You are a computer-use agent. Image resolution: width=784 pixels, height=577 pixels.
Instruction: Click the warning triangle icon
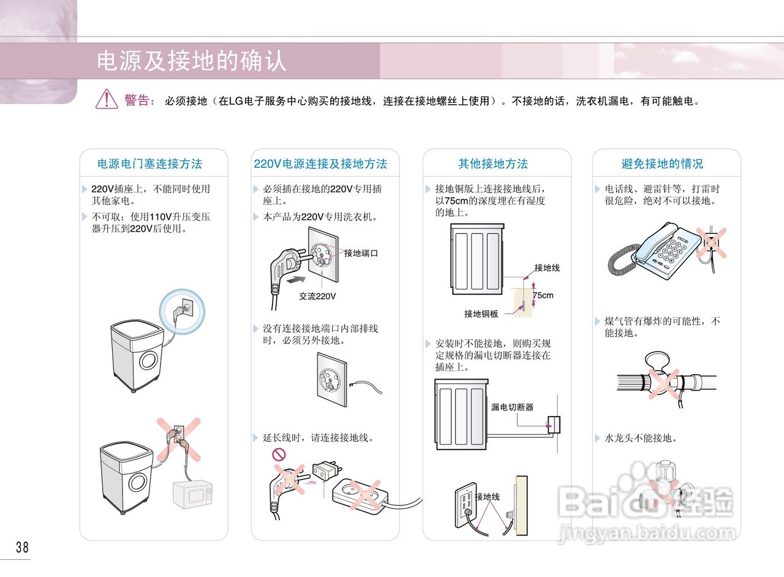tap(107, 99)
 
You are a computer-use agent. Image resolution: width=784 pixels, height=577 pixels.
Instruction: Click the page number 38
tap(22, 547)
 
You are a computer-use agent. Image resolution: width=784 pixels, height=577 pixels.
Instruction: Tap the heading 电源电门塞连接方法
tap(150, 164)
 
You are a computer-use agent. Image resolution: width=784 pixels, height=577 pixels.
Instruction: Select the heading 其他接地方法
tap(493, 164)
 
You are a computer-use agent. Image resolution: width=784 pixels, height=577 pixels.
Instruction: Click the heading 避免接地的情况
tap(662, 164)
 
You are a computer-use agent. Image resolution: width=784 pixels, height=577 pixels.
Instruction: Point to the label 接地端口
tap(361, 253)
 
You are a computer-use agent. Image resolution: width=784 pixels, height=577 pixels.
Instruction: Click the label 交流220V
tap(317, 296)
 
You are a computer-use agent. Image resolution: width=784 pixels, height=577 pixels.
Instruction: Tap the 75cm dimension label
tap(543, 295)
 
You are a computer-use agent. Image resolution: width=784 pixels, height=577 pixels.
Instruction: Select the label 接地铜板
tap(481, 314)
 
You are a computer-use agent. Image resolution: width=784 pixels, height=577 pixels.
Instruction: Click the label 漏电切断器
tap(512, 407)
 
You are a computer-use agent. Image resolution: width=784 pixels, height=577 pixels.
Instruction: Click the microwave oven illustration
tap(192, 496)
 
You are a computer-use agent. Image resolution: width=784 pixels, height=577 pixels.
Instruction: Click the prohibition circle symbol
tap(279, 454)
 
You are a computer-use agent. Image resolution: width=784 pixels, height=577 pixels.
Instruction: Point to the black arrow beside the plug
tap(296, 279)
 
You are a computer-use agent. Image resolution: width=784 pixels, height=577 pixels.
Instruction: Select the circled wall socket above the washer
tap(183, 311)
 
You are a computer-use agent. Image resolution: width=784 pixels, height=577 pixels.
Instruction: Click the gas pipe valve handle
tap(657, 361)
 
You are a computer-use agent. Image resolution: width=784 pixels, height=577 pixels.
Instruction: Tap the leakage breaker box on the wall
tap(554, 424)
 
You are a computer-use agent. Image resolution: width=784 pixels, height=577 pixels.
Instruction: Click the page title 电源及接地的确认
tap(192, 61)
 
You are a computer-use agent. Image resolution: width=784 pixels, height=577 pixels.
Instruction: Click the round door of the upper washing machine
tap(148, 361)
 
